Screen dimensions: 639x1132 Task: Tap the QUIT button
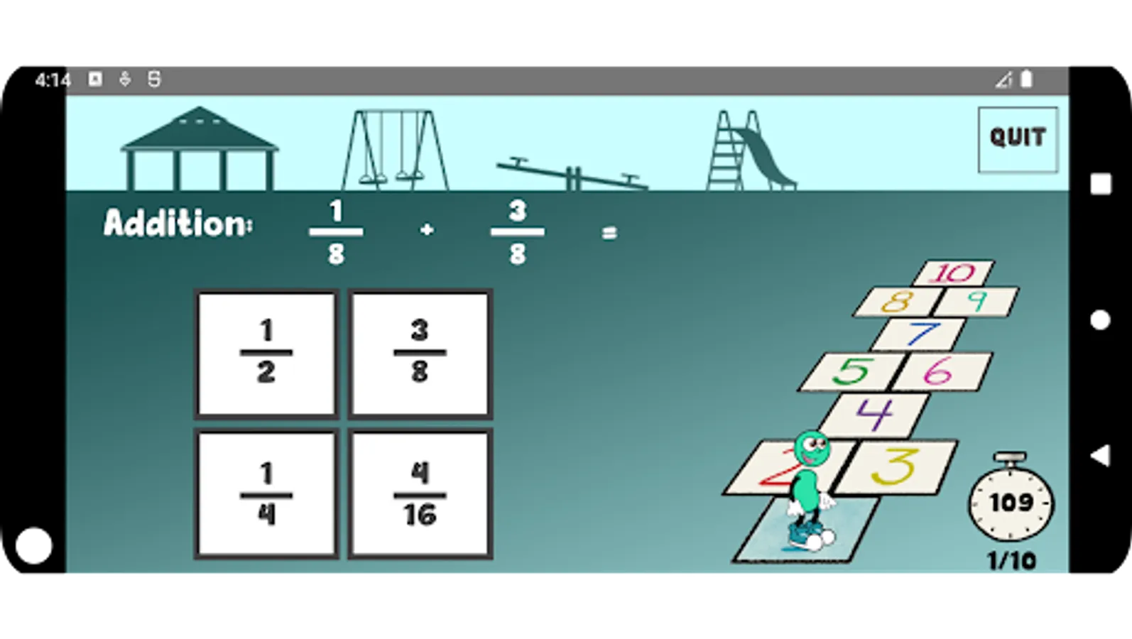click(1017, 139)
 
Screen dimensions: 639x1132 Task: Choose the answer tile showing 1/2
click(266, 353)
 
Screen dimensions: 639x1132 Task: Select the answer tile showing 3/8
click(420, 353)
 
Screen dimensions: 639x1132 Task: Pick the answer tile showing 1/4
click(266, 494)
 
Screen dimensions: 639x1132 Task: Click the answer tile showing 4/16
click(420, 494)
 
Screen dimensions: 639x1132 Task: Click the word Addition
click(178, 224)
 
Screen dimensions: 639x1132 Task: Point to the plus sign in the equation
click(427, 230)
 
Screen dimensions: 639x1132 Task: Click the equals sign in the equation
click(609, 232)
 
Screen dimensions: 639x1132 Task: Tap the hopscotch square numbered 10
click(954, 273)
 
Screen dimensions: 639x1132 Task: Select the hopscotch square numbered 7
click(920, 334)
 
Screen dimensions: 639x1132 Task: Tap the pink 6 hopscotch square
click(940, 371)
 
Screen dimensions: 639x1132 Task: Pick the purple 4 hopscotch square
click(875, 414)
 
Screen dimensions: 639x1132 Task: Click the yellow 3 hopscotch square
click(896, 467)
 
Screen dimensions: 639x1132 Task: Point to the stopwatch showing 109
click(1011, 502)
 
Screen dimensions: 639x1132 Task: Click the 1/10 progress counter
click(1011, 561)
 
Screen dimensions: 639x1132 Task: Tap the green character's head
click(811, 447)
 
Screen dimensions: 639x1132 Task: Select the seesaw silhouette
click(572, 175)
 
